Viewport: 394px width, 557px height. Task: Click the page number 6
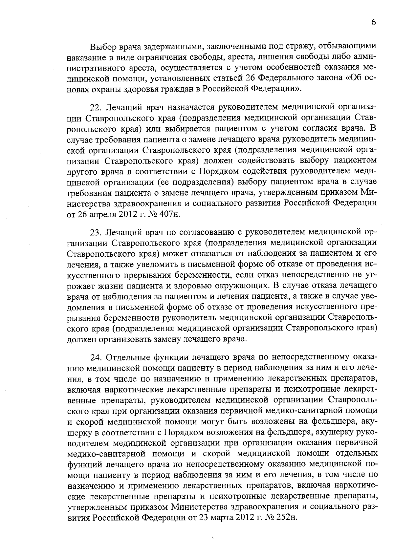click(373, 22)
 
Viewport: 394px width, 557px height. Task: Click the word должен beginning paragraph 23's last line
click(81, 339)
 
